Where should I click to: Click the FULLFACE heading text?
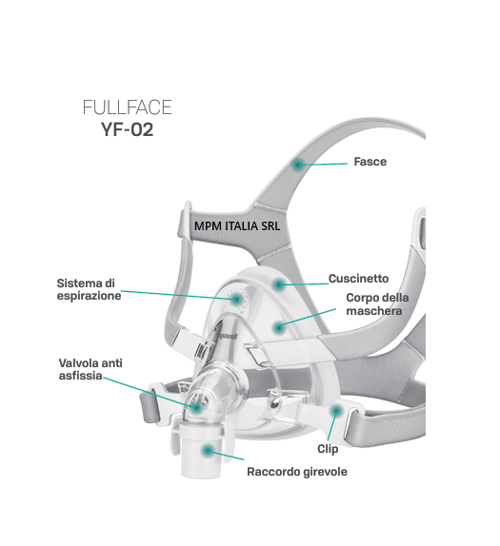(x=128, y=107)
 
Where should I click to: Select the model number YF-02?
(x=128, y=129)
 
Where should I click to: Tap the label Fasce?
(x=370, y=162)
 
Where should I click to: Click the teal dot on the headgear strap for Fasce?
(x=298, y=165)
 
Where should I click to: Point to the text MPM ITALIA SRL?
(x=237, y=226)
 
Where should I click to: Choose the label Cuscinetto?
(x=358, y=279)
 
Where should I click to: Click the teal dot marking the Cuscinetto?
(x=279, y=285)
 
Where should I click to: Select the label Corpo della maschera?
(x=377, y=304)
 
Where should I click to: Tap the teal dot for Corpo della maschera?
(x=278, y=327)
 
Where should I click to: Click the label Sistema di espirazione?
(x=89, y=289)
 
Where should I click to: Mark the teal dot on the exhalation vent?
(x=237, y=299)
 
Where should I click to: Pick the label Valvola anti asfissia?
(x=90, y=369)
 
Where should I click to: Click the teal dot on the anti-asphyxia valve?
(x=197, y=407)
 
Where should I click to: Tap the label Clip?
(x=328, y=449)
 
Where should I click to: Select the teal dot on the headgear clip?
(x=336, y=411)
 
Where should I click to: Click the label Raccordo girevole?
(x=297, y=472)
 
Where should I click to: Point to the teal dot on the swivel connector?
(x=209, y=451)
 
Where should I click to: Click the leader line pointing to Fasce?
(x=323, y=164)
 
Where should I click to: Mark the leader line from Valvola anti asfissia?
(x=150, y=392)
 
